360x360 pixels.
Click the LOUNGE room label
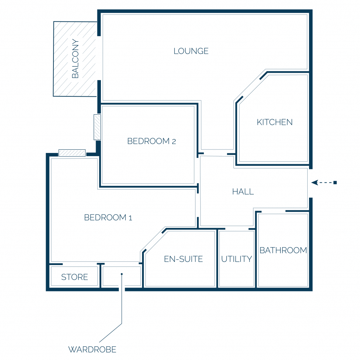[191, 51]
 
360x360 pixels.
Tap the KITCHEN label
[275, 122]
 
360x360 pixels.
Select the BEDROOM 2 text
[152, 141]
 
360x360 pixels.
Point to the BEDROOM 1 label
[108, 217]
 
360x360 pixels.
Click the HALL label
[243, 192]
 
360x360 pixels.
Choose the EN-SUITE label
[183, 259]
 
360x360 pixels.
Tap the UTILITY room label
[237, 259]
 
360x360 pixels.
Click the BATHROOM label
[283, 250]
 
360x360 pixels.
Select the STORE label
[75, 277]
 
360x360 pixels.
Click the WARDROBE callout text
[92, 349]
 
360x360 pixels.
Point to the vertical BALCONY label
[75, 59]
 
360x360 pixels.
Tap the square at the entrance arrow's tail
[335, 182]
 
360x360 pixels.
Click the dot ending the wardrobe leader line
[122, 274]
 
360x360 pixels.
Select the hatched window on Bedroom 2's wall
[97, 127]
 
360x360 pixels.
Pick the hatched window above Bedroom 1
[72, 153]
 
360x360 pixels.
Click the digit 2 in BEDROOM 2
[174, 142]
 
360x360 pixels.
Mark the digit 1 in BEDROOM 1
[130, 218]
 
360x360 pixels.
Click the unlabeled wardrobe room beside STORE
[121, 276]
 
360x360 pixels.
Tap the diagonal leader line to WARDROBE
[110, 333]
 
